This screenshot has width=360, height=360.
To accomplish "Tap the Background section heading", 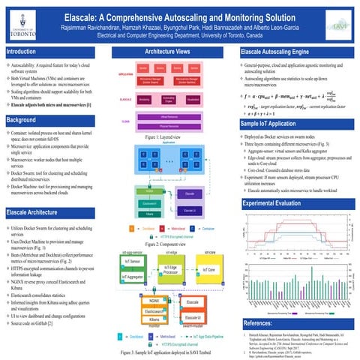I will [x=23, y=120].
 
